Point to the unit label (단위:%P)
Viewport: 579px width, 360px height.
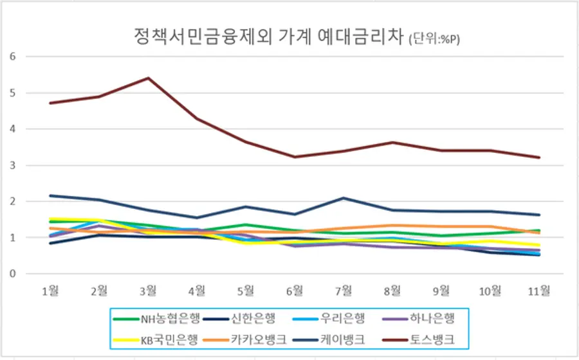tap(435, 39)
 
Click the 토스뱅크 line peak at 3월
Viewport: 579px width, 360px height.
tap(148, 78)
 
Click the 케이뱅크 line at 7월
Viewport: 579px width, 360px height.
tap(344, 198)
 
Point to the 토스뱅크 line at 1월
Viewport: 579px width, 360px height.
tap(50, 103)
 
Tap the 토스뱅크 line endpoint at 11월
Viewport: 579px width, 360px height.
tap(539, 157)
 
